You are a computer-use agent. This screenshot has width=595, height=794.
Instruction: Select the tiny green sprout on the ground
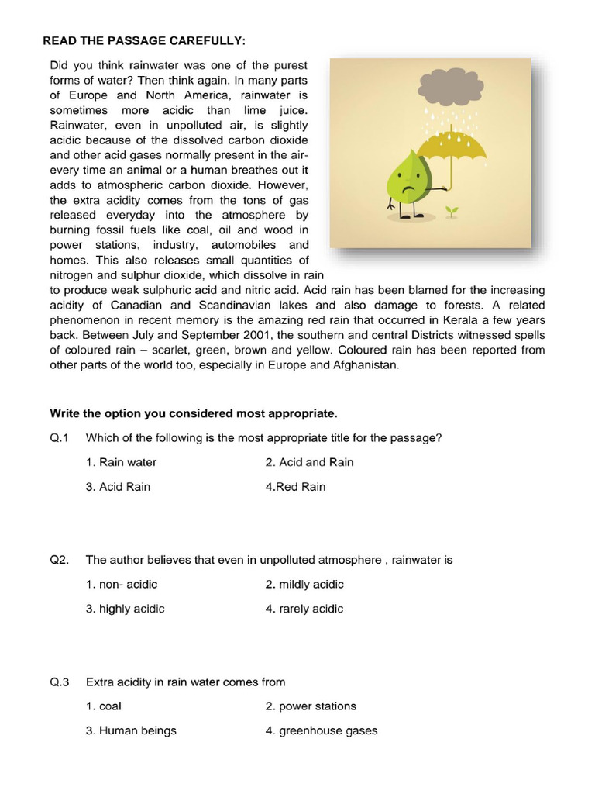452,210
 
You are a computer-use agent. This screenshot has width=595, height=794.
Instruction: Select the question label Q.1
60,438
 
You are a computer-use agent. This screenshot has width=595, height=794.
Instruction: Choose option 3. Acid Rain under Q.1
118,487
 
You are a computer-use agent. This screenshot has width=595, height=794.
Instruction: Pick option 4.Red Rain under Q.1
295,487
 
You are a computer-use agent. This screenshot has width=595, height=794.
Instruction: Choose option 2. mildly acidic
304,585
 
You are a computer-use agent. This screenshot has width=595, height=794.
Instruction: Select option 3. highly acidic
125,609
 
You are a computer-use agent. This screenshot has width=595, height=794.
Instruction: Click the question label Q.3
60,682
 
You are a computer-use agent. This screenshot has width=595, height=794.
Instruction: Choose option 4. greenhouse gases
321,730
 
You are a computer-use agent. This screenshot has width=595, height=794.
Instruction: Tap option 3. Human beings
131,730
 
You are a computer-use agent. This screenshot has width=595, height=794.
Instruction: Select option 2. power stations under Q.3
310,706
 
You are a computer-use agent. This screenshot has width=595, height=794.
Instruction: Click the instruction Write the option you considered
194,413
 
